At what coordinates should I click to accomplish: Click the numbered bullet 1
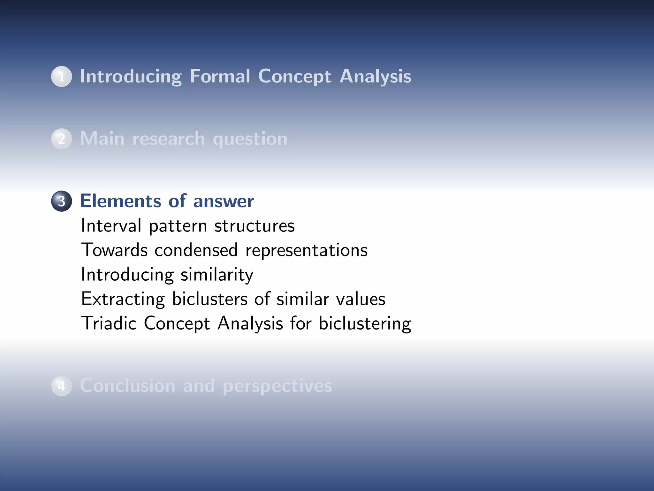[61, 76]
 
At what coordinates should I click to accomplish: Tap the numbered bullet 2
[61, 139]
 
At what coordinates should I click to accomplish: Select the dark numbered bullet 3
[61, 201]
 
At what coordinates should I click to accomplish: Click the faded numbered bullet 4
[61, 386]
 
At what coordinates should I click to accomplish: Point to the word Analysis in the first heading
[375, 77]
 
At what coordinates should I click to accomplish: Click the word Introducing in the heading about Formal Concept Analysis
[131, 77]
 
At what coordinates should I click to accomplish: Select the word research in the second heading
[168, 139]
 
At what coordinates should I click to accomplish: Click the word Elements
[120, 201]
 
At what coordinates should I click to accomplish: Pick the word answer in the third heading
[223, 201]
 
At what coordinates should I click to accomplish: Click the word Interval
[111, 225]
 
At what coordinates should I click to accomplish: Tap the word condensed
[196, 250]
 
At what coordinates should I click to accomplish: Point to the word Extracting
[123, 299]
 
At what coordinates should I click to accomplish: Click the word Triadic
[109, 323]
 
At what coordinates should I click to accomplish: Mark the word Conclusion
[127, 386]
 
